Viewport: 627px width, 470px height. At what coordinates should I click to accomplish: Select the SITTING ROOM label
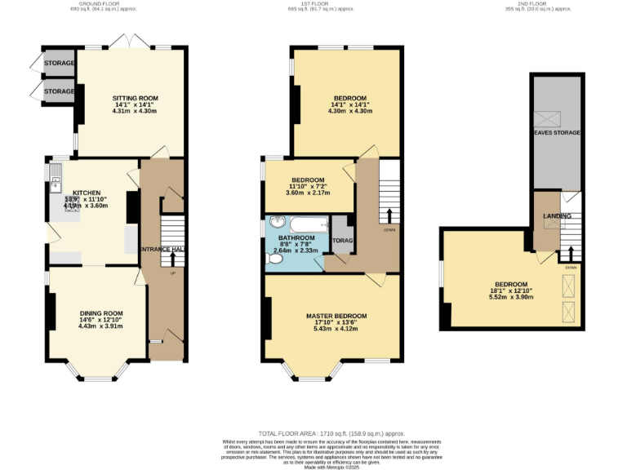[x=135, y=98]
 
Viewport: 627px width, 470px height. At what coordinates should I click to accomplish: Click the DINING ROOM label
[x=100, y=313]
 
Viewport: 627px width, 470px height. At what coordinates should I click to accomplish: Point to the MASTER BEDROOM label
[x=336, y=316]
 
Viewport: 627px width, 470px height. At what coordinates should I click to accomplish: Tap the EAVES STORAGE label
[x=557, y=132]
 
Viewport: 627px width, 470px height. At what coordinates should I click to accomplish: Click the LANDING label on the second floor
[x=557, y=216]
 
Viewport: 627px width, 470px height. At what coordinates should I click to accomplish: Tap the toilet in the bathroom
[x=275, y=259]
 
